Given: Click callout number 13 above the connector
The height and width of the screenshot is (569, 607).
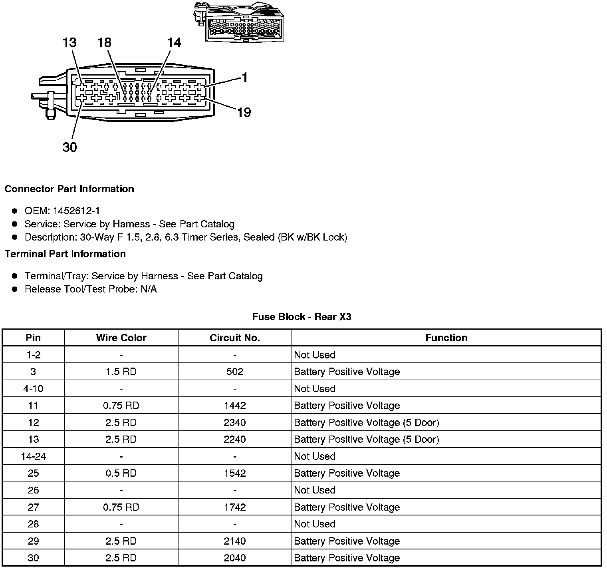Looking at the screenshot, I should tap(69, 43).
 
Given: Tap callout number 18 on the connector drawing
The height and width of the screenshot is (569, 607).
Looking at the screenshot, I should tap(105, 43).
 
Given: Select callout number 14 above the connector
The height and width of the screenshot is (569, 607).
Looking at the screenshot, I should tap(174, 43).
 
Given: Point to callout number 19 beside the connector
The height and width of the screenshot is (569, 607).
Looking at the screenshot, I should tap(244, 113).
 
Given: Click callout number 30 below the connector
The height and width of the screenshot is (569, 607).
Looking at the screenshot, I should tap(69, 147).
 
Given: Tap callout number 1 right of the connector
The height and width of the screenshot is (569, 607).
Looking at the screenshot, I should tap(244, 78).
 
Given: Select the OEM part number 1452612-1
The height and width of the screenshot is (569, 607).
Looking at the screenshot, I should tap(79, 211).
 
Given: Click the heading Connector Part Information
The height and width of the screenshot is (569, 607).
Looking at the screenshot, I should tap(69, 189).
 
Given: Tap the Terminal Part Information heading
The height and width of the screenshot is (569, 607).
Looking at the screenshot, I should tap(65, 254).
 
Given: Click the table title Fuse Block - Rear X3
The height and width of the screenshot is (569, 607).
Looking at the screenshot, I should tap(302, 317).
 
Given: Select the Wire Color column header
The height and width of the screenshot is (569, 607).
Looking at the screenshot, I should tap(121, 338).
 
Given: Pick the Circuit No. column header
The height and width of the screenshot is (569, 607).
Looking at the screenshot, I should tap(234, 338).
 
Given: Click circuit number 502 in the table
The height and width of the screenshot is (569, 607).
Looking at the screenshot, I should tap(234, 372).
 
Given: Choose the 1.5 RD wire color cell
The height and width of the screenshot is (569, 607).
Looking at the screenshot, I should tap(121, 372).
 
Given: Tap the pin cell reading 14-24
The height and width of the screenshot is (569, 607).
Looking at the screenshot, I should tap(33, 456).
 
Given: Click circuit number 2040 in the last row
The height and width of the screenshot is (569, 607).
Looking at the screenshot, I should tap(234, 558).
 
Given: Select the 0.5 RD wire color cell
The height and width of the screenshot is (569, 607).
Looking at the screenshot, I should tap(121, 473).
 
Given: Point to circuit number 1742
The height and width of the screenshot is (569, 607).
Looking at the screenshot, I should tap(234, 507).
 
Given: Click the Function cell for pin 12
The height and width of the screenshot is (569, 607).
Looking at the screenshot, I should tap(366, 422).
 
